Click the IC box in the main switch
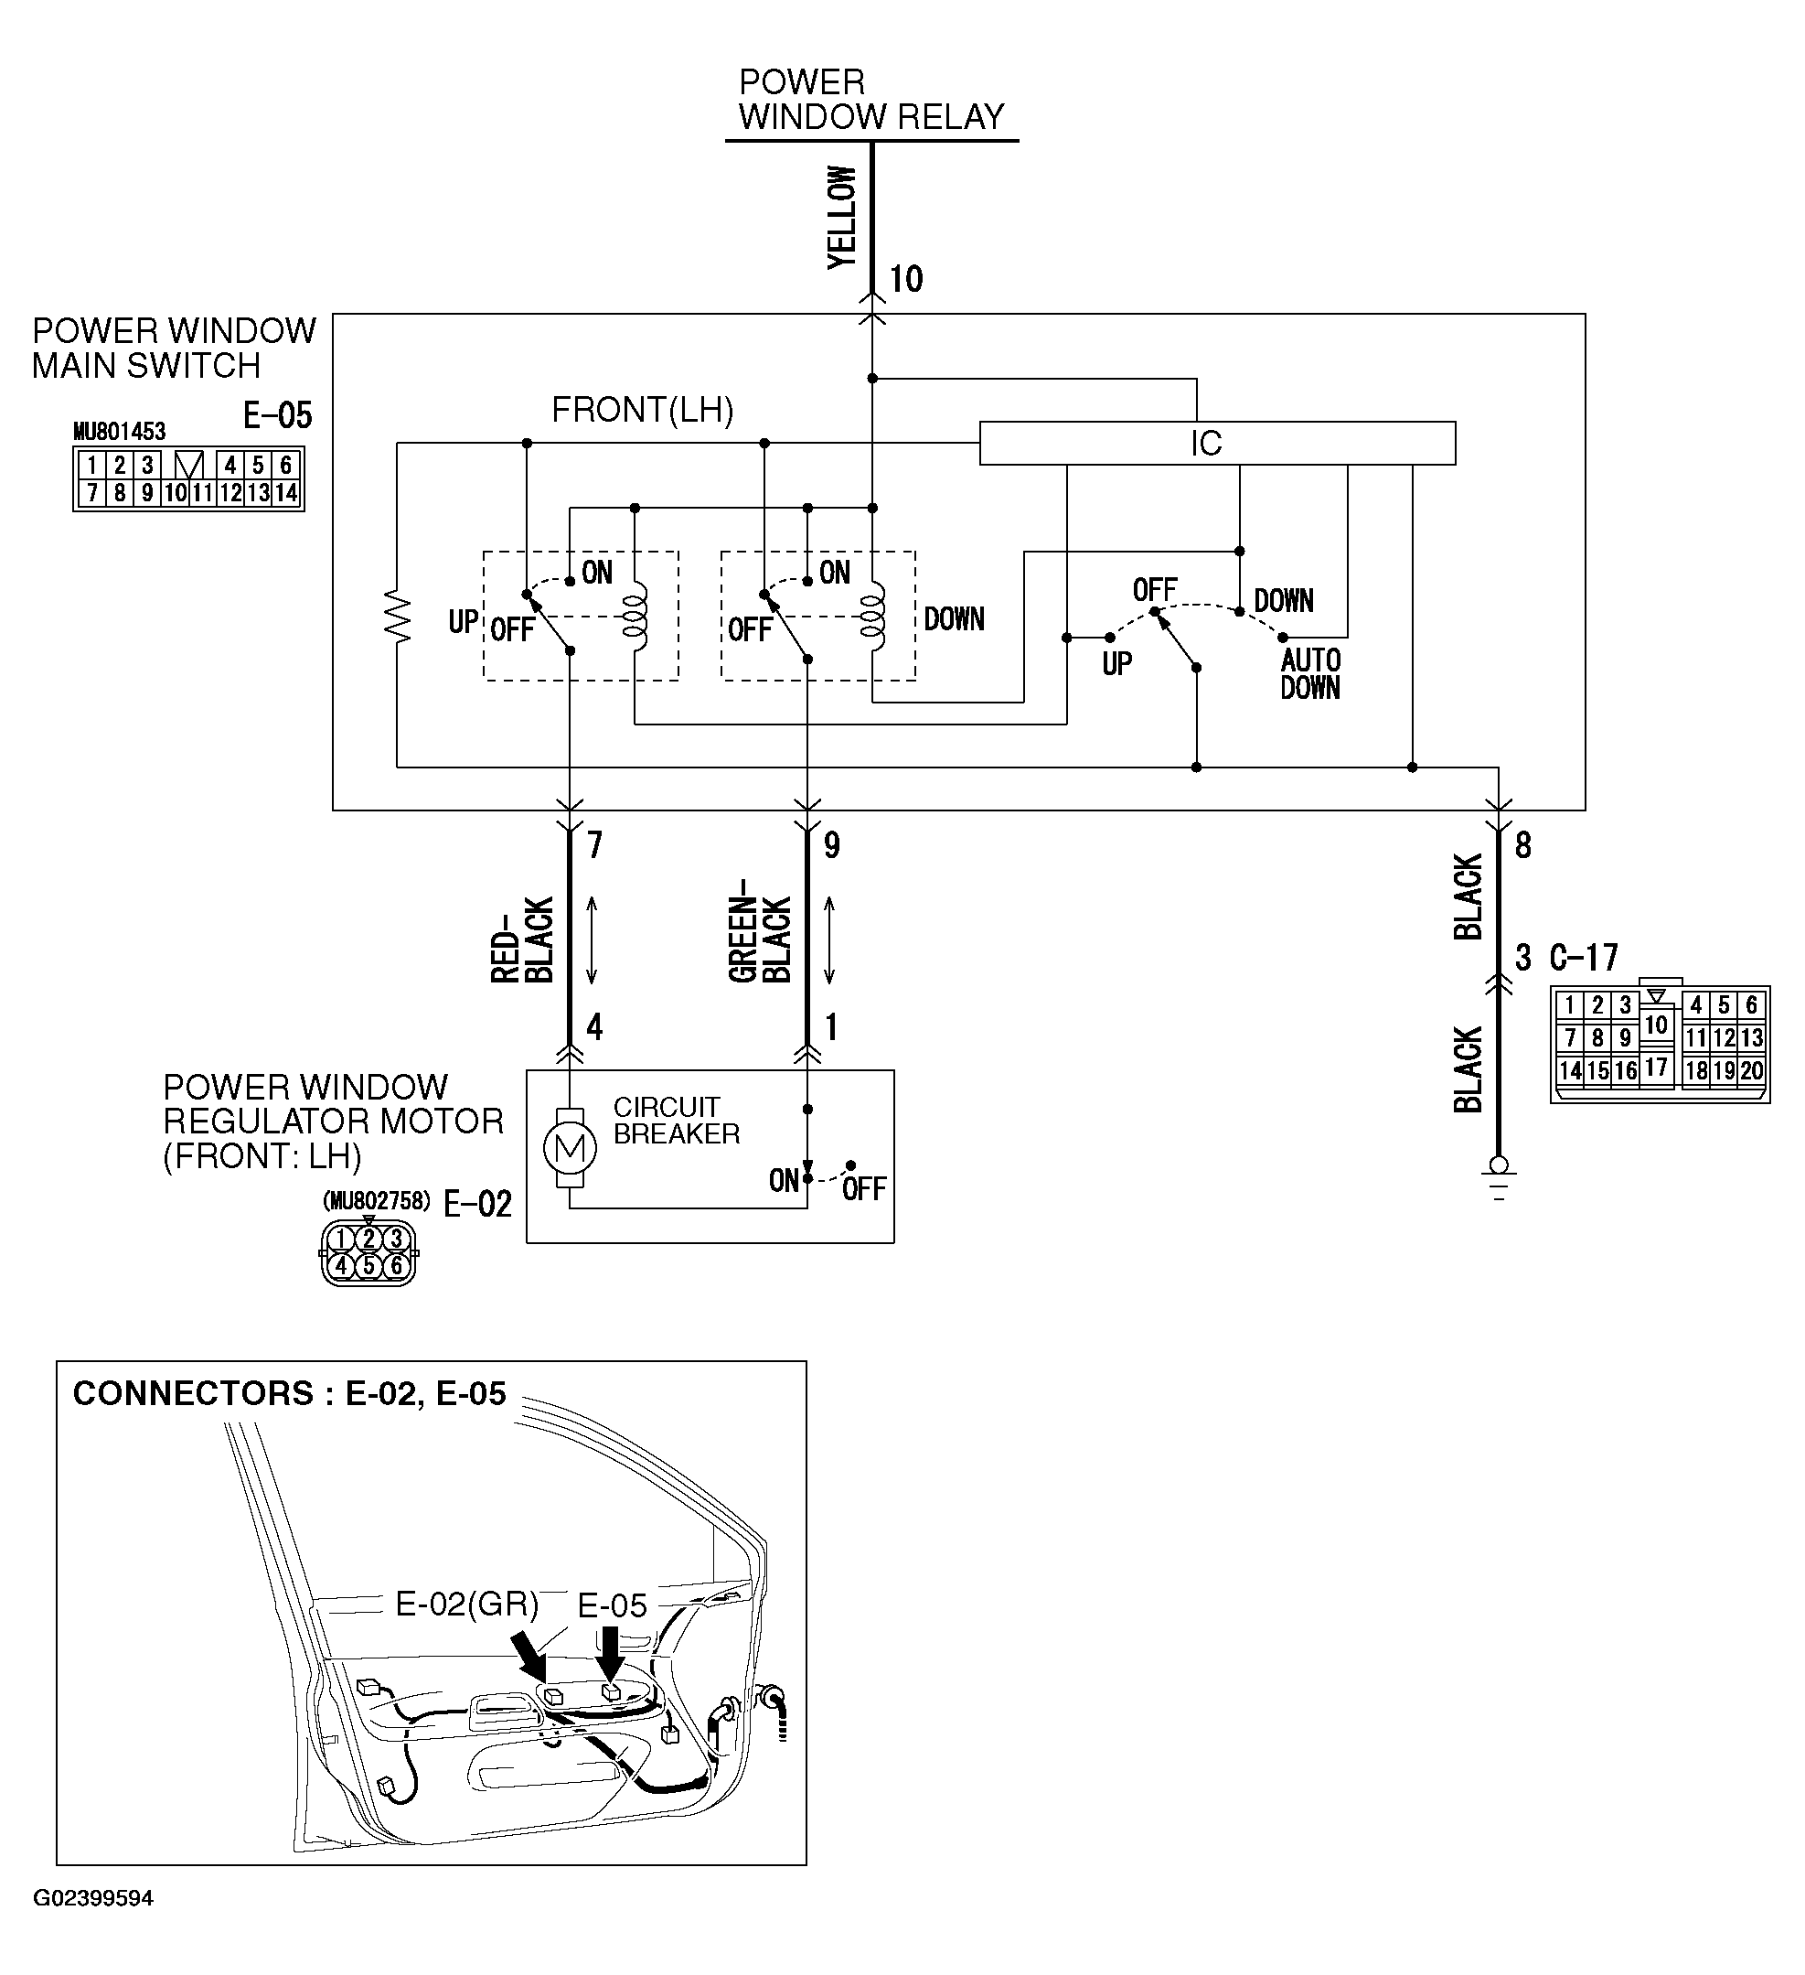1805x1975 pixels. pyautogui.click(x=1216, y=443)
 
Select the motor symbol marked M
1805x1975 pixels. pyautogui.click(x=570, y=1147)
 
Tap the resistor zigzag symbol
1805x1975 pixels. pyautogui.click(x=398, y=616)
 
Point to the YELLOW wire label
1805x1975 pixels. pyautogui.click(x=842, y=217)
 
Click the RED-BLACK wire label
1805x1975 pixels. pyautogui.click(x=523, y=939)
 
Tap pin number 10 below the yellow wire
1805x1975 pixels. pyautogui.click(x=906, y=279)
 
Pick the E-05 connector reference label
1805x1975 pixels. pyautogui.click(x=277, y=415)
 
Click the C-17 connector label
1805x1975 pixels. pyautogui.click(x=1584, y=957)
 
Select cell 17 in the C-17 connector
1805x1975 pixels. pyautogui.click(x=1655, y=1067)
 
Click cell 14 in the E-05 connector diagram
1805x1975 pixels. pyautogui.click(x=286, y=493)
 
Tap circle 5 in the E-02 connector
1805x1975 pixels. pyautogui.click(x=368, y=1266)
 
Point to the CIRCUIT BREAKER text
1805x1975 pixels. pyautogui.click(x=676, y=1120)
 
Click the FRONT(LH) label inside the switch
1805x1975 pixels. pyautogui.click(x=643, y=410)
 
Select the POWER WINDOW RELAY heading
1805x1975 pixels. pyautogui.click(x=870, y=100)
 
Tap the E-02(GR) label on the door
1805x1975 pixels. pyautogui.click(x=467, y=1604)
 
